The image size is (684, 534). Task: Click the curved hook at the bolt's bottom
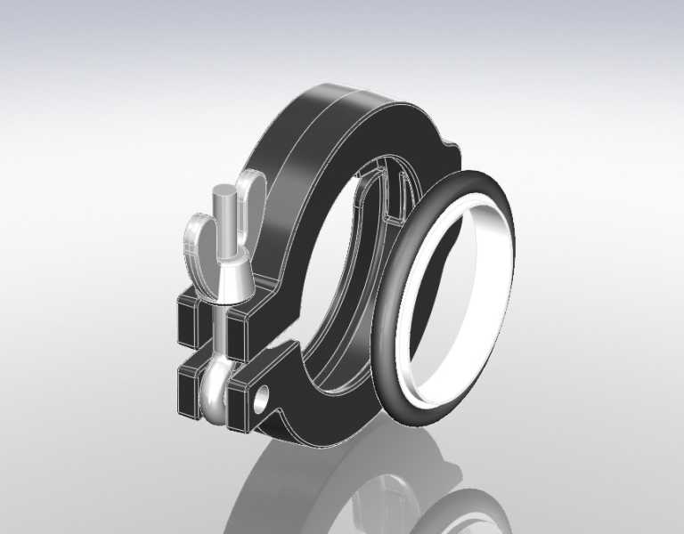(x=215, y=396)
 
